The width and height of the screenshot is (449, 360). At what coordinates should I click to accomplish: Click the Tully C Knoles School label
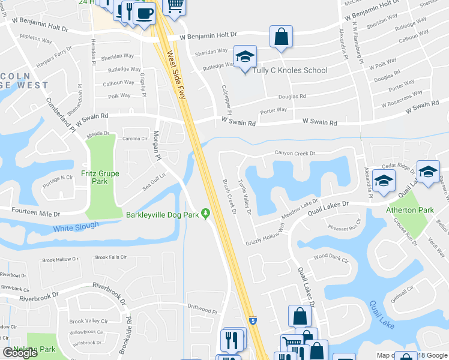pyautogui.click(x=290, y=70)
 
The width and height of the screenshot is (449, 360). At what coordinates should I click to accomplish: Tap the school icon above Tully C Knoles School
pyautogui.click(x=245, y=57)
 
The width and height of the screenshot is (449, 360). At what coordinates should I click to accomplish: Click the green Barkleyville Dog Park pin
pyautogui.click(x=206, y=214)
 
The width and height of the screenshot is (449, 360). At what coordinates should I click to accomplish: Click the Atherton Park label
pyautogui.click(x=410, y=210)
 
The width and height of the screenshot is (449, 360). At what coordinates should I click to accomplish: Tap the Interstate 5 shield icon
pyautogui.click(x=253, y=321)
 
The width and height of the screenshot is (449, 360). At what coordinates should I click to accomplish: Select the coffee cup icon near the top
pyautogui.click(x=144, y=13)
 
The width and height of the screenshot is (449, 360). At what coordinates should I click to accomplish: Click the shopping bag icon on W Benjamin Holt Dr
pyautogui.click(x=281, y=37)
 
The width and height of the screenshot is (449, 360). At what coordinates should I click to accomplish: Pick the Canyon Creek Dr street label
pyautogui.click(x=295, y=154)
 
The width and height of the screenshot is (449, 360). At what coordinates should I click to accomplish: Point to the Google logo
pyautogui.click(x=20, y=353)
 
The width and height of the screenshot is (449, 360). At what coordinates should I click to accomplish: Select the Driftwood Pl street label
pyautogui.click(x=201, y=310)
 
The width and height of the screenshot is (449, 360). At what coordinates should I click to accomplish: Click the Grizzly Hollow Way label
pyautogui.click(x=265, y=236)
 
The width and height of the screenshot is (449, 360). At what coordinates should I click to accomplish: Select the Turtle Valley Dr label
pyautogui.click(x=244, y=198)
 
